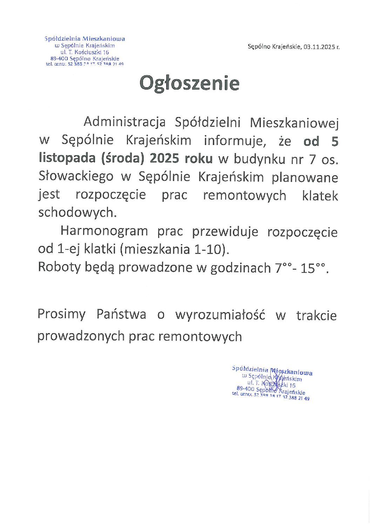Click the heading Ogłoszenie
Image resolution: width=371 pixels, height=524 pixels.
(189, 84)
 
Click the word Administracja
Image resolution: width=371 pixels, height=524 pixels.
(124, 122)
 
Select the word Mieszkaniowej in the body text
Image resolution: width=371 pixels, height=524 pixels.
(294, 122)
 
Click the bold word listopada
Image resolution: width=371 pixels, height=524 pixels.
(67, 159)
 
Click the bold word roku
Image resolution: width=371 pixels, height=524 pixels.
(198, 159)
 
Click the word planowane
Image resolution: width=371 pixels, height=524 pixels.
(305, 177)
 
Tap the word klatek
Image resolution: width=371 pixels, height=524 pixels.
(320, 195)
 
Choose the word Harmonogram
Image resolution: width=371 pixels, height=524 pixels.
(104, 231)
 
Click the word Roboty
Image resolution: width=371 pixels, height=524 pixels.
(59, 267)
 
